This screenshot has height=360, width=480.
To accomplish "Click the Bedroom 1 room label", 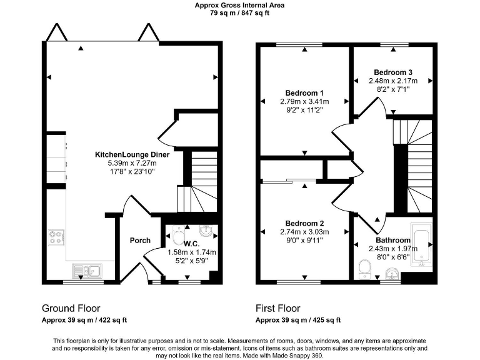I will (x=304, y=92).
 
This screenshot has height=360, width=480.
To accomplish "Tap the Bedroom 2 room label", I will (x=304, y=223).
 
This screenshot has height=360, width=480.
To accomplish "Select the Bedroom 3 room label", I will (x=392, y=72).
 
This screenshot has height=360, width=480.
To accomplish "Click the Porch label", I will (x=139, y=241).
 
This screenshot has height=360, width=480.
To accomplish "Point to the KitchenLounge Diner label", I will (x=132, y=154).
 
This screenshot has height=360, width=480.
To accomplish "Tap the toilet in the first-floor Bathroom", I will (x=366, y=269).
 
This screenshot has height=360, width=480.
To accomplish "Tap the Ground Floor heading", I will (x=71, y=308).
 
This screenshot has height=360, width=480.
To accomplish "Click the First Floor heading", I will (x=277, y=308).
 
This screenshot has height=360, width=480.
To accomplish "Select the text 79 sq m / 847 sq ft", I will (x=240, y=13).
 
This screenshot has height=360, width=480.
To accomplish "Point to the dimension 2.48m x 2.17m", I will (x=392, y=81).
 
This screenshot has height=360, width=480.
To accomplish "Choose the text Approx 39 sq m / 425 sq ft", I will (x=298, y=320).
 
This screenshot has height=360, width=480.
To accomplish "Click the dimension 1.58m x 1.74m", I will (x=192, y=252).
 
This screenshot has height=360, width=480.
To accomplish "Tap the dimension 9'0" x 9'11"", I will (x=304, y=241).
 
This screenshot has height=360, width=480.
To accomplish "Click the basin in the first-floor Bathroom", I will (x=391, y=274).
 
